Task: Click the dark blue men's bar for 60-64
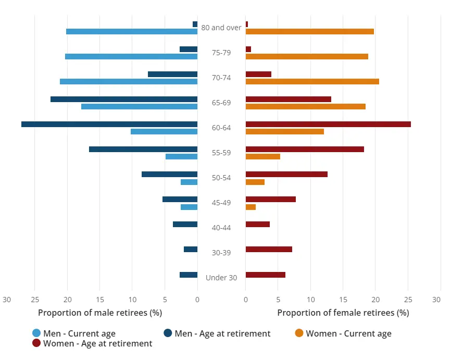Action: pos(109,124)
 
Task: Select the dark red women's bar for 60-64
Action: pos(328,124)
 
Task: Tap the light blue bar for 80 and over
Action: pos(132,31)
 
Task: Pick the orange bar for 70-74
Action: pos(312,81)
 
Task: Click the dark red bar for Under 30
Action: pos(265,275)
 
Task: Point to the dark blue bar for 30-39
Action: pos(191,250)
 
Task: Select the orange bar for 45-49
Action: pos(250,207)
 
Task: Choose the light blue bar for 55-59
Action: pos(181,156)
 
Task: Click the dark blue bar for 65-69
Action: pos(124,99)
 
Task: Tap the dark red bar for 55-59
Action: pos(305,149)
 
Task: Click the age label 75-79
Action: pos(221,53)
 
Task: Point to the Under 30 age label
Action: pos(221,278)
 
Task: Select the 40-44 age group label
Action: pos(221,228)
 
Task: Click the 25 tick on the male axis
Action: pos(35,300)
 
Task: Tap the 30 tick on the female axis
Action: pos(436,300)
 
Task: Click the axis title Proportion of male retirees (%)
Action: pos(100,313)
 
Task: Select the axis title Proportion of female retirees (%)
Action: pos(343,313)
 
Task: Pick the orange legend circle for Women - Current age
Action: pos(299,333)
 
